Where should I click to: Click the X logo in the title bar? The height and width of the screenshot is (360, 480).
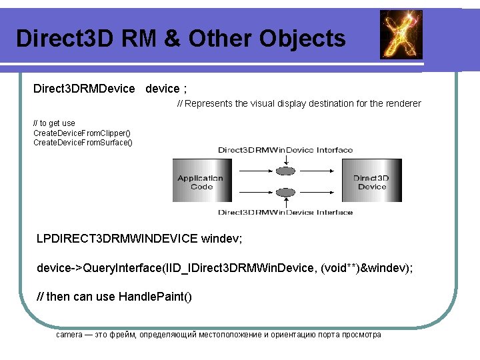point(401,35)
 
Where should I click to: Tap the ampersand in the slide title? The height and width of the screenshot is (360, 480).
point(172,39)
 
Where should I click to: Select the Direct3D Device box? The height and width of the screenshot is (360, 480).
point(371,182)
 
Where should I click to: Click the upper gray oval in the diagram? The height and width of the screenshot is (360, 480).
point(285,171)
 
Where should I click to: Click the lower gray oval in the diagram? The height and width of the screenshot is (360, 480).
point(285,193)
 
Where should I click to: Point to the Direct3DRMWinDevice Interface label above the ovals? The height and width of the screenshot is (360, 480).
point(285,150)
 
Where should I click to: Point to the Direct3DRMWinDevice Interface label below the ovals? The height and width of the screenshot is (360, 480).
point(285,213)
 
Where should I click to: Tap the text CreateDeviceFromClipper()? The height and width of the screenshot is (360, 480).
point(82,133)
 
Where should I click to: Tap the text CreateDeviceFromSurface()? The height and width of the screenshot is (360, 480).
point(83,142)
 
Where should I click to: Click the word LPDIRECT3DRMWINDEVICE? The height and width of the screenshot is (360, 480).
point(117,238)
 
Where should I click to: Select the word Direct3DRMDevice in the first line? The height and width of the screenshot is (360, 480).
point(84,89)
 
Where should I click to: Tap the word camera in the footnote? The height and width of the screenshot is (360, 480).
point(69,334)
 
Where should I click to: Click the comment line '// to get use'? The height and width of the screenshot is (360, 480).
point(54,123)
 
